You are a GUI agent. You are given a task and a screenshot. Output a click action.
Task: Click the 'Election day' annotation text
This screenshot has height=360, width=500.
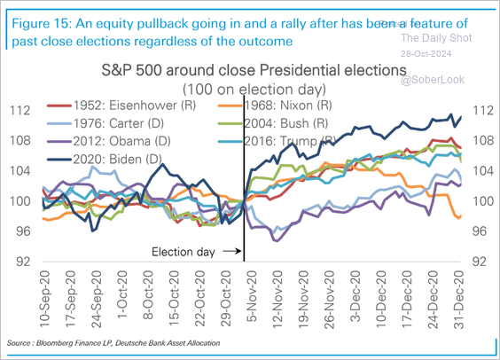coord(181,253)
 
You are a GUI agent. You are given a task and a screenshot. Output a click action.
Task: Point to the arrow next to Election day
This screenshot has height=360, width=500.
coord(230,253)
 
